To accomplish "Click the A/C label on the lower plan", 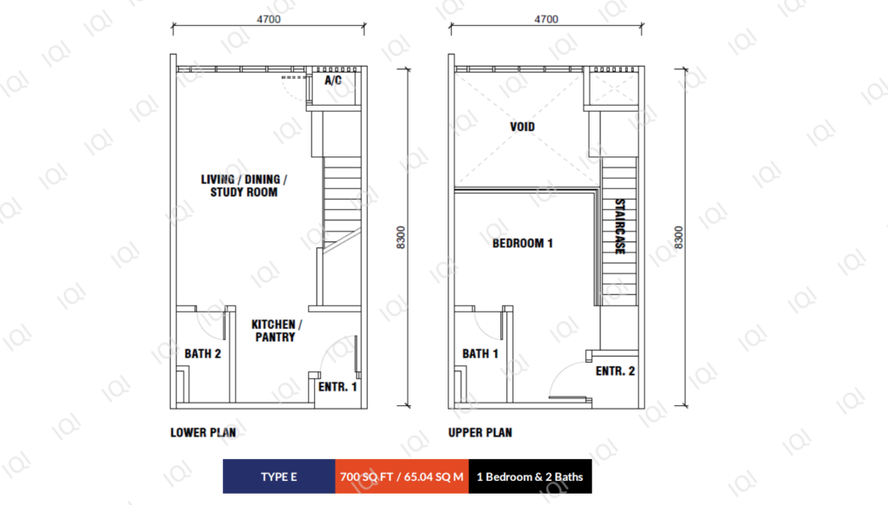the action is (333, 81).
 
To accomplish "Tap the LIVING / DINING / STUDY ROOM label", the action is (244, 186).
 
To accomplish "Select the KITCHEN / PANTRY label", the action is (276, 331).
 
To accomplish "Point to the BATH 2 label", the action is (203, 354).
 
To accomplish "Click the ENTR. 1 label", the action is (337, 386).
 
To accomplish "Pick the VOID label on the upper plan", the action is (522, 127).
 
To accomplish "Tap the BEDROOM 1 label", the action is (522, 243).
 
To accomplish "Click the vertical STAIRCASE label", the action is (620, 226).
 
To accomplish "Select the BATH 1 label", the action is (480, 354).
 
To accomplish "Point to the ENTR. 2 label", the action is (615, 371).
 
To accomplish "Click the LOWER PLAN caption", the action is (203, 432).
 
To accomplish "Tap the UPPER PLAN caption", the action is (480, 432).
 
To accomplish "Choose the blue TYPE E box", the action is (279, 476).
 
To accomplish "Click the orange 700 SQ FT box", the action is (402, 476).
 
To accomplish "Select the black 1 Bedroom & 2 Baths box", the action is (530, 476).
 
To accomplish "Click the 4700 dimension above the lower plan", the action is (269, 19).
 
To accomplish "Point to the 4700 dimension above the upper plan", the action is (546, 19).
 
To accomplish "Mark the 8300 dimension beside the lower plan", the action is (401, 238).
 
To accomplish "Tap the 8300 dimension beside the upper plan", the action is (678, 238).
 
